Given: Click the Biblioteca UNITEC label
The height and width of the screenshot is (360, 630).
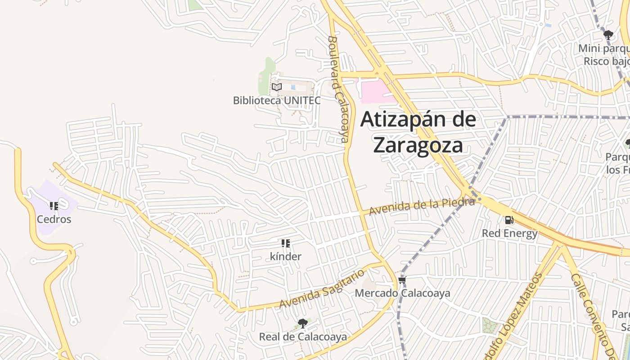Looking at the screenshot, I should click(277, 100).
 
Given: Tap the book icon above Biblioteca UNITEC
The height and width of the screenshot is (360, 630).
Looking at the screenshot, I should click(277, 87).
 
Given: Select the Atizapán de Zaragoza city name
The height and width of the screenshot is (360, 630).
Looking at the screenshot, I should click(418, 132).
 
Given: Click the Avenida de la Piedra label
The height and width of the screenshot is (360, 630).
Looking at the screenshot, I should click(422, 207).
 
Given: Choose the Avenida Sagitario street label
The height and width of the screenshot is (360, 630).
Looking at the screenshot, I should click(322, 289).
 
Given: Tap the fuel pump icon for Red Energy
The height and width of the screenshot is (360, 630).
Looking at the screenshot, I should click(509, 220).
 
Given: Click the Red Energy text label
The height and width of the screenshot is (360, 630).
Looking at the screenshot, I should click(509, 234).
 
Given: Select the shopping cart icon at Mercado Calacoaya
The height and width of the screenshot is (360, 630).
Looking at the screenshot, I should click(402, 280).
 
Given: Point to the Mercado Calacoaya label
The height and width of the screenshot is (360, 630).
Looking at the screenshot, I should click(402, 293).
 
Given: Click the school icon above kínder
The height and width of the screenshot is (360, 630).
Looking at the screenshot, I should click(286, 243).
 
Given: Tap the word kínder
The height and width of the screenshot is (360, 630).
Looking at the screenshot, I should click(286, 257).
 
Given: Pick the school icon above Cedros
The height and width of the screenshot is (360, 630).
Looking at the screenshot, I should click(54, 206).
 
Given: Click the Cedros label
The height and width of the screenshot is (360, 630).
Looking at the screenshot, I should click(54, 220).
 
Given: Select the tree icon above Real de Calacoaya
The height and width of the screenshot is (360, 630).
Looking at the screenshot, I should click(303, 323).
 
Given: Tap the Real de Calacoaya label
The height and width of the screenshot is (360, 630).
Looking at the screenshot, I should click(303, 337).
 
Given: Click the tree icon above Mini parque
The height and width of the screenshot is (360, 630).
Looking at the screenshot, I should click(608, 35).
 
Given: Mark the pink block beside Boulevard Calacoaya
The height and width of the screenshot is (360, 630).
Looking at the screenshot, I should click(374, 91).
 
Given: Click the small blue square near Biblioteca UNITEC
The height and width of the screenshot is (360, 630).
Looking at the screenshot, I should click(293, 87).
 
